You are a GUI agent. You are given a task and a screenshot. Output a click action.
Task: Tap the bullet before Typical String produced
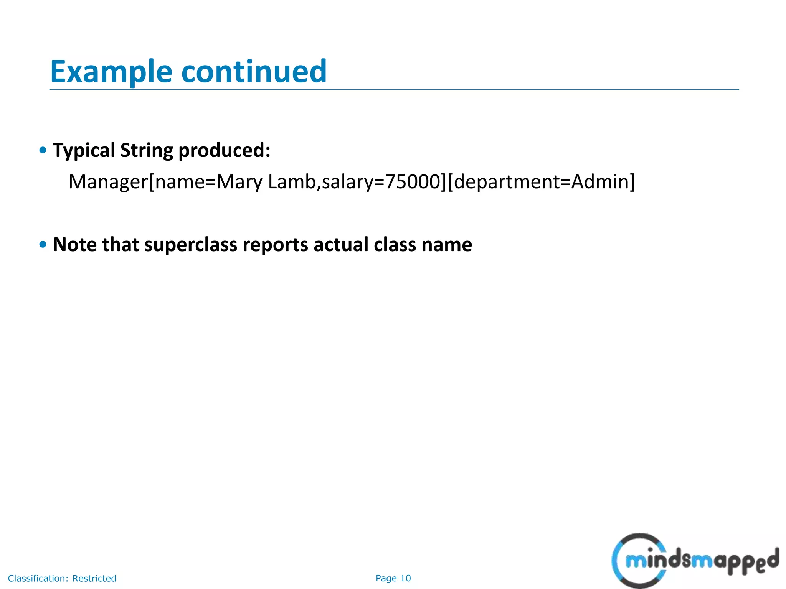coord(43,150)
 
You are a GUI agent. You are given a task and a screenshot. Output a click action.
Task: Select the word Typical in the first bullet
coord(84,150)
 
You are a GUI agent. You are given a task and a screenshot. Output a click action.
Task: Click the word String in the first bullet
coord(147,150)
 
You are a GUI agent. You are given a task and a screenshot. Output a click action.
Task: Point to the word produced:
coord(225,150)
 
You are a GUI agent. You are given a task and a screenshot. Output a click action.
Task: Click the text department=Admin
coord(541,182)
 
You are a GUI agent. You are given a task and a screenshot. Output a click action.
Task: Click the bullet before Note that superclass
coord(43,244)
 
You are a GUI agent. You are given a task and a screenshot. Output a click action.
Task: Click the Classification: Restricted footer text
coord(62,578)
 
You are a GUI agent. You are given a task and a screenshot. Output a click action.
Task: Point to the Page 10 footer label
coord(393,578)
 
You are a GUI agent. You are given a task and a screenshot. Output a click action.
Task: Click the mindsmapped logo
coord(695,561)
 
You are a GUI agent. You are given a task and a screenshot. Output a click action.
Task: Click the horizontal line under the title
coord(394,90)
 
